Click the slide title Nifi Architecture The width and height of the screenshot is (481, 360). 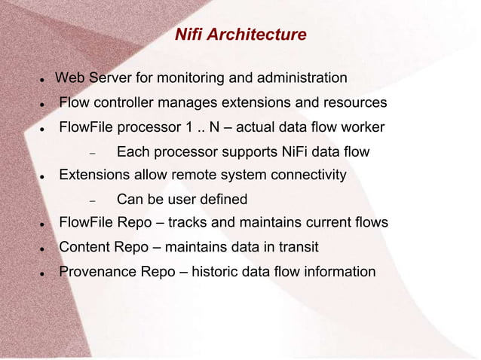tap(240, 35)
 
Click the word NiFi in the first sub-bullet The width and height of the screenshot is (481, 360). tap(286, 152)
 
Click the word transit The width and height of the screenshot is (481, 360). tap(296, 247)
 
